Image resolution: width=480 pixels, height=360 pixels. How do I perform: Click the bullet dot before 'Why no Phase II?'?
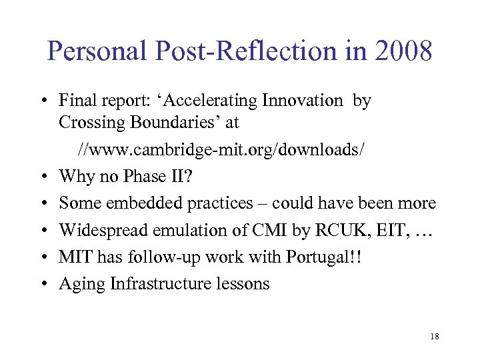[x=42, y=177]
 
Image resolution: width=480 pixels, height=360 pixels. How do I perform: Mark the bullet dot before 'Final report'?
[x=42, y=101]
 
